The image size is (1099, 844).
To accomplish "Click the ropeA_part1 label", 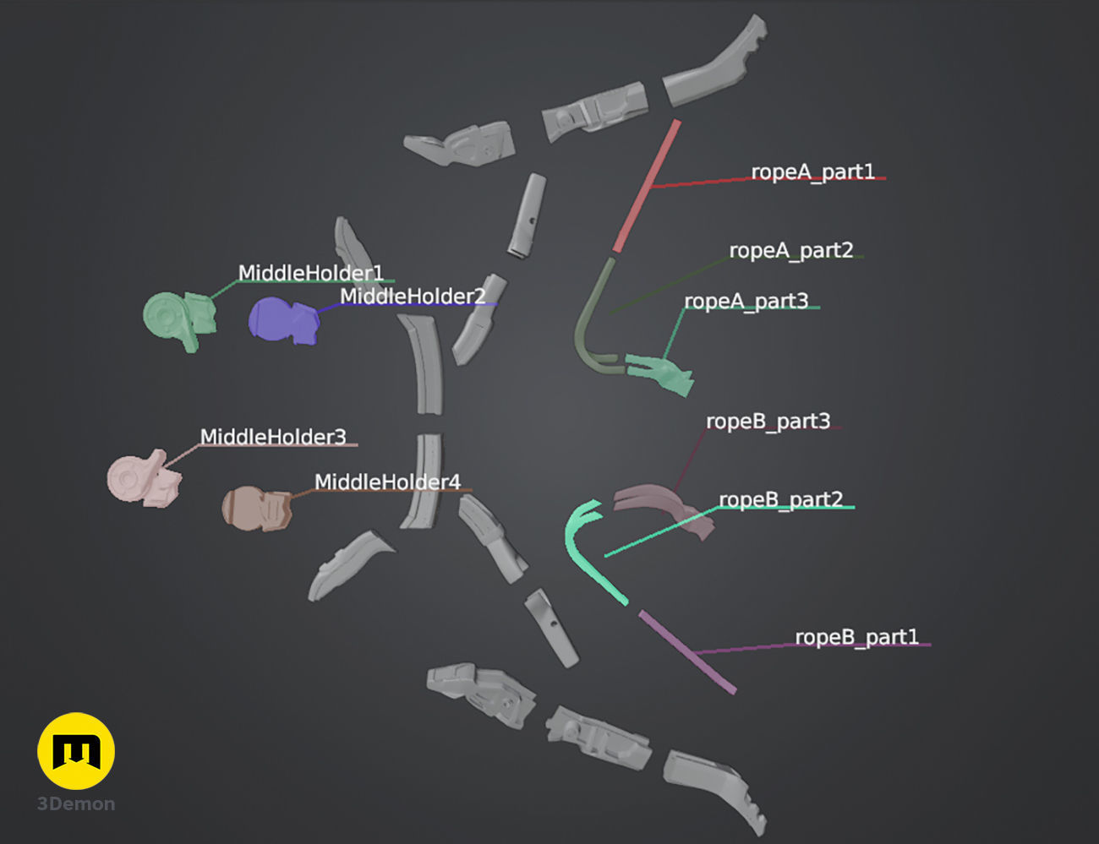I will (x=812, y=172).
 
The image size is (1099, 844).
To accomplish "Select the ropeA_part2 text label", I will (x=790, y=250).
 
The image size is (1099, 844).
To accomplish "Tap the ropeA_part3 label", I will (x=746, y=301).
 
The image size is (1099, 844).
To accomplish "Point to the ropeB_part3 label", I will (x=768, y=421).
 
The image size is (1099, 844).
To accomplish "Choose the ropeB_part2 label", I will (x=780, y=499).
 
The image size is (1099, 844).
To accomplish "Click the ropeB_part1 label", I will (x=856, y=636).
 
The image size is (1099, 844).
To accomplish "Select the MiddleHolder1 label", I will (x=310, y=273).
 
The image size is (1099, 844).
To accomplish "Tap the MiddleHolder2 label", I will (x=413, y=296).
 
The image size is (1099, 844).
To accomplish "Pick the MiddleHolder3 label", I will (x=273, y=437).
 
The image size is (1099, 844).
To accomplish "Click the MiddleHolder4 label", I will (x=387, y=482).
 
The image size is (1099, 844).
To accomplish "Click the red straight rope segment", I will (x=648, y=185).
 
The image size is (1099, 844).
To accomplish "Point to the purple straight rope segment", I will (x=686, y=651).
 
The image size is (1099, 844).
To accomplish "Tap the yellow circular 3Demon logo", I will (x=76, y=751).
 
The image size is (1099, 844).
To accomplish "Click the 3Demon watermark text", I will (x=76, y=804).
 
